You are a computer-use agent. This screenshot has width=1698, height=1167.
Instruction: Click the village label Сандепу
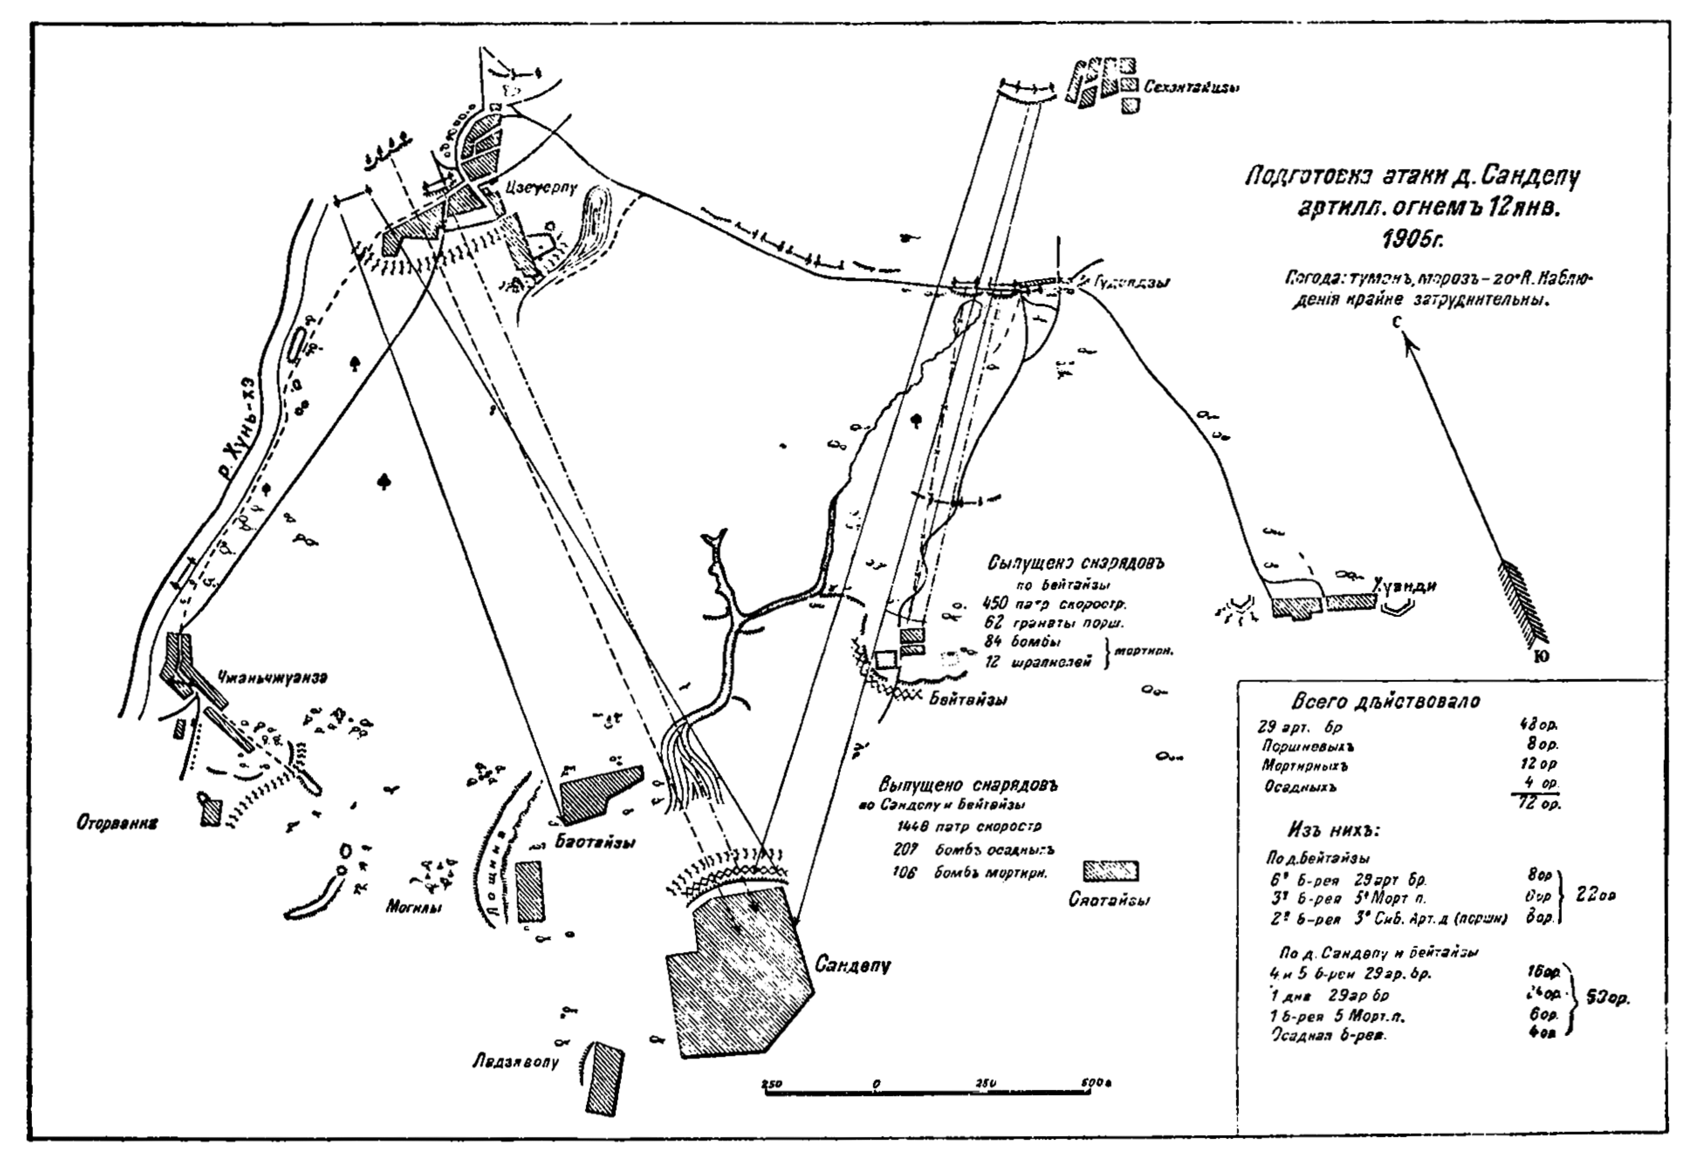(x=852, y=965)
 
